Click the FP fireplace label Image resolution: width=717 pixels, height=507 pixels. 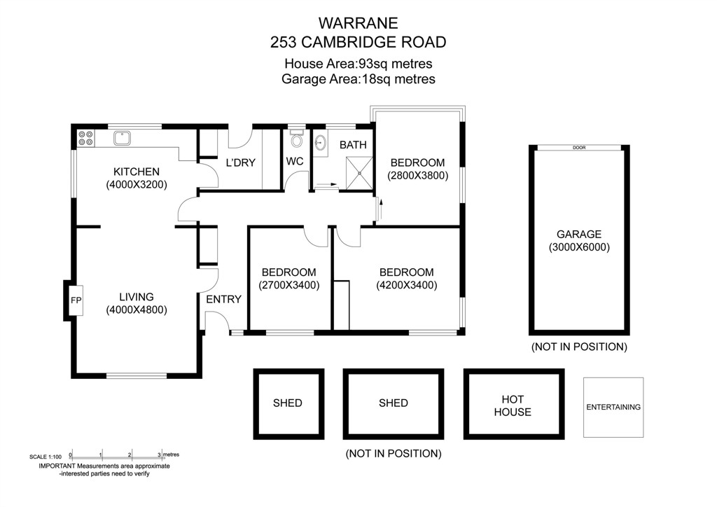coord(76,300)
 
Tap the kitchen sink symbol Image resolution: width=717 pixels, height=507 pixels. coord(122,138)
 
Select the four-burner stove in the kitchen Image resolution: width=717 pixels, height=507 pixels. coord(85,138)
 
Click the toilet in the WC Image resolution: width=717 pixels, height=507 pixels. coord(296,138)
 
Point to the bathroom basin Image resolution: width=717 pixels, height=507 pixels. coord(321,143)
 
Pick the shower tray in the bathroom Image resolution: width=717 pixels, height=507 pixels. coord(359,173)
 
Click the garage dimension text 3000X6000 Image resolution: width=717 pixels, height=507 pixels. coord(579,247)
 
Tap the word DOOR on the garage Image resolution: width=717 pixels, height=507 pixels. coord(579,148)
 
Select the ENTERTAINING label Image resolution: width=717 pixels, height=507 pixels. coord(613,407)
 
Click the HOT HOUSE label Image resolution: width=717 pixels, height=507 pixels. coord(513,405)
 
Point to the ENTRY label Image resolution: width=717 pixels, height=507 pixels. coord(223,300)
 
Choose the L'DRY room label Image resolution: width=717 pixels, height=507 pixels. coord(241,162)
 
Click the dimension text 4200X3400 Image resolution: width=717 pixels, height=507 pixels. coord(407,285)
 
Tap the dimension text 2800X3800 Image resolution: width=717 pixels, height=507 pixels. coord(417,176)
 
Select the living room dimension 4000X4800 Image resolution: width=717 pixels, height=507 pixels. coord(137,310)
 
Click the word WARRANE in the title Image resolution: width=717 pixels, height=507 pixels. coord(358,23)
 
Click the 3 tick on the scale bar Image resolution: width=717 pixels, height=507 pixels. coord(160,455)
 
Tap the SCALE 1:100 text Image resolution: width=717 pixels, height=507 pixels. coord(46,457)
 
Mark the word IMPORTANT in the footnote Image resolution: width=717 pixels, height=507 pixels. coord(57,466)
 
